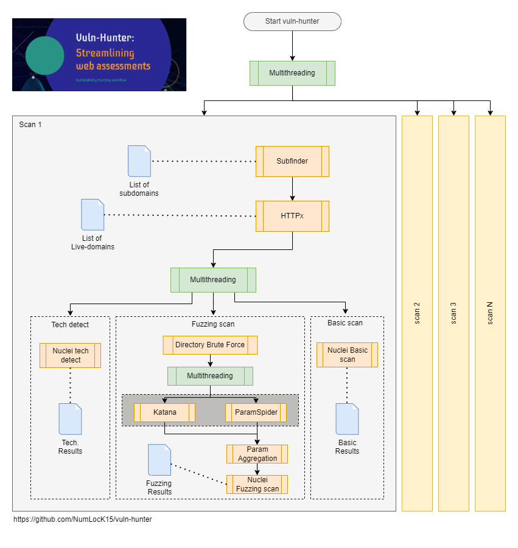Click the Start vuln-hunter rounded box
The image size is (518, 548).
(x=292, y=21)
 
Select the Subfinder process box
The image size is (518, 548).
(x=292, y=161)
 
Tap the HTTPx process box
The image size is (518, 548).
(x=292, y=216)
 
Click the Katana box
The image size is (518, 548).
(x=164, y=412)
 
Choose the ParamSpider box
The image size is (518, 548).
(x=256, y=412)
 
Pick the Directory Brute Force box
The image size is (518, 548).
(x=210, y=345)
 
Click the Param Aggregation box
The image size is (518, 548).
(x=257, y=454)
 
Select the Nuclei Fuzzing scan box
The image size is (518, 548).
(x=257, y=484)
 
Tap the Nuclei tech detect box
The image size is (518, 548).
(x=70, y=355)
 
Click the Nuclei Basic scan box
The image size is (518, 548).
(x=347, y=355)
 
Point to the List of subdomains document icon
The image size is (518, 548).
(x=139, y=161)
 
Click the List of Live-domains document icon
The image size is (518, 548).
(x=93, y=215)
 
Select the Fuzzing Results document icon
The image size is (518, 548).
(x=159, y=460)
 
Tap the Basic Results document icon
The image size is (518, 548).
(x=347, y=419)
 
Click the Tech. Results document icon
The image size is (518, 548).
(x=70, y=419)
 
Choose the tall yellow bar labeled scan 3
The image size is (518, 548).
(x=453, y=313)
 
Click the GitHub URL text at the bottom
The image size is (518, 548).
(x=83, y=519)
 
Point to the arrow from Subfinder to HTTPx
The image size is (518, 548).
(x=292, y=189)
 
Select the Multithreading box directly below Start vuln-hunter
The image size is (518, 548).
(x=292, y=73)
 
